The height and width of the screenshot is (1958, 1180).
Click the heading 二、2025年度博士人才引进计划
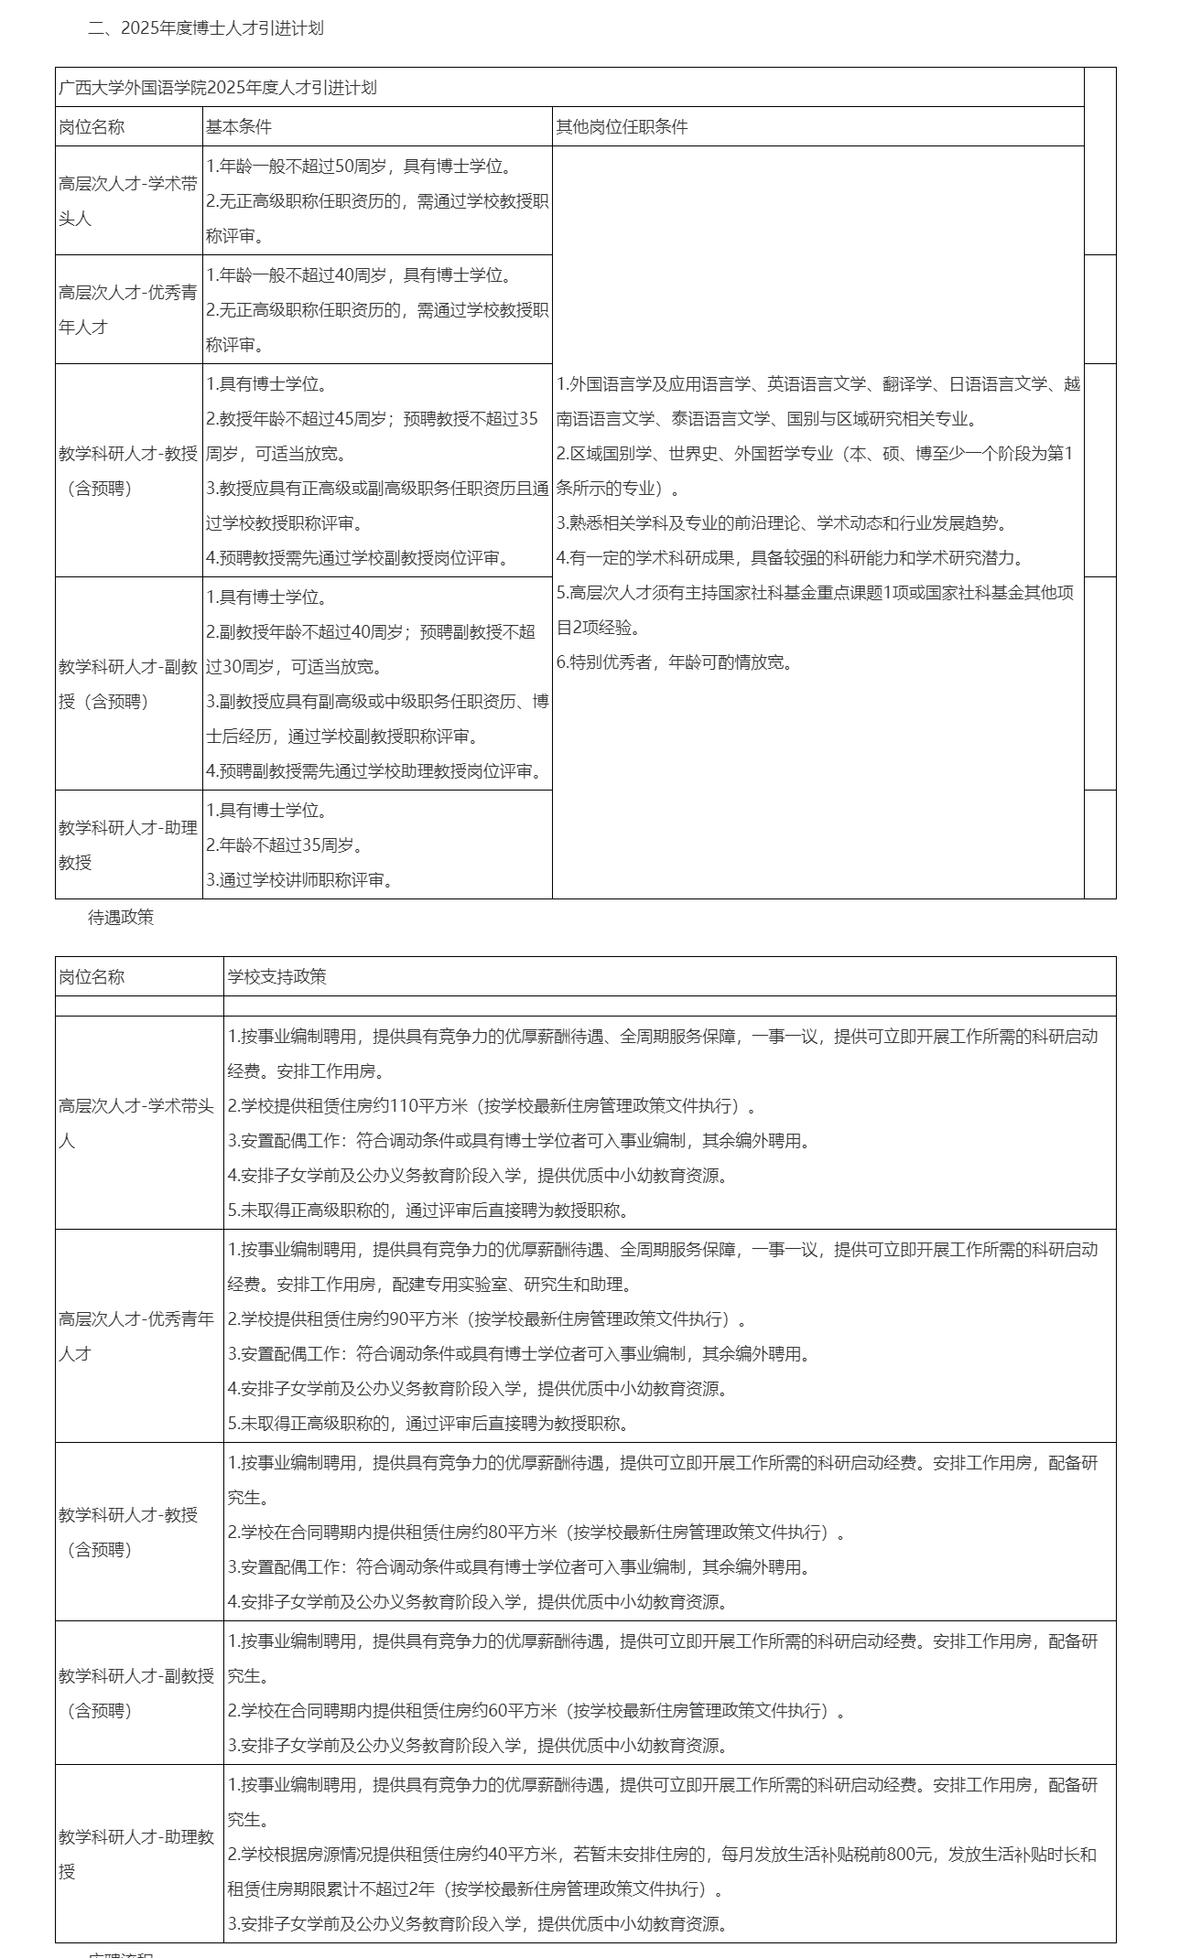tap(205, 28)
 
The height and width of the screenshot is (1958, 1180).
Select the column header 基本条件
tap(238, 127)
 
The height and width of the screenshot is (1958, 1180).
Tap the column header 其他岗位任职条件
tap(622, 127)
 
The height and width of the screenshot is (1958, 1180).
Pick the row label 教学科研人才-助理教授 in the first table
tap(128, 845)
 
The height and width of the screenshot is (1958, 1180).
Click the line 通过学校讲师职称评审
tap(299, 880)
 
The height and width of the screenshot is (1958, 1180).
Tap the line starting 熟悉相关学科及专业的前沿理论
tap(783, 523)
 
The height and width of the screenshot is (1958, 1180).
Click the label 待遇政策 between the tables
tap(121, 918)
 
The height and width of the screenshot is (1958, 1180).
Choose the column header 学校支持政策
tap(276, 977)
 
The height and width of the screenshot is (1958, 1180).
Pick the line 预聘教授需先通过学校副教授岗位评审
tap(357, 558)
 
